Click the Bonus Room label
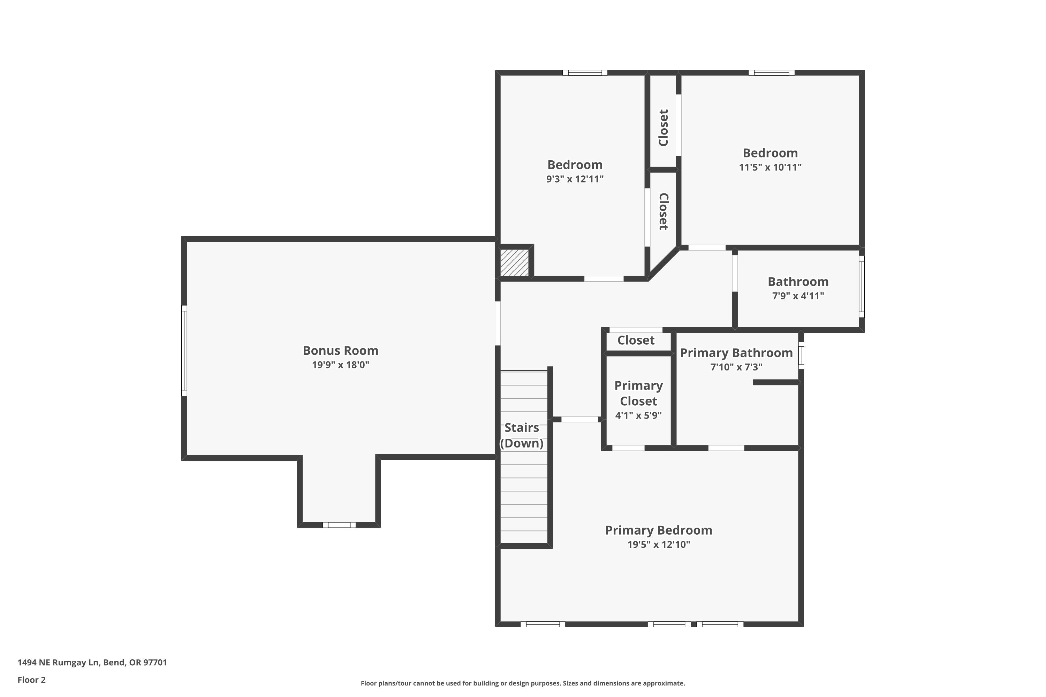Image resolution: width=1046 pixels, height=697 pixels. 341,351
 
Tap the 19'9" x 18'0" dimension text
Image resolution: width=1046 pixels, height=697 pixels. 341,365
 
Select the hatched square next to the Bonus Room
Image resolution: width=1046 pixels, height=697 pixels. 515,263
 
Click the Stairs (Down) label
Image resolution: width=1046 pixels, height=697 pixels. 522,436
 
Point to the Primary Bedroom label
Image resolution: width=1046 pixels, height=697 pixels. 659,530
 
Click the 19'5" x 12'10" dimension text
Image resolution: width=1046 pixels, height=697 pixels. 659,544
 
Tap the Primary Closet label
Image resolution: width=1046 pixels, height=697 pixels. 639,393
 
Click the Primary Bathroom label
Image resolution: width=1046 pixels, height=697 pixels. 736,353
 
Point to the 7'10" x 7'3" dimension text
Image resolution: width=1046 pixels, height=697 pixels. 736,367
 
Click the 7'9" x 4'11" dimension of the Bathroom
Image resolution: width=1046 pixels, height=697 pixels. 798,296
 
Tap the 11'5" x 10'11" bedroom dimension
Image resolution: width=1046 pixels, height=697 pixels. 770,168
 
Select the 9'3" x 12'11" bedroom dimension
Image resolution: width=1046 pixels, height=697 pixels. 575,179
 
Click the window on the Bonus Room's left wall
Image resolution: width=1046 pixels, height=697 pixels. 184,350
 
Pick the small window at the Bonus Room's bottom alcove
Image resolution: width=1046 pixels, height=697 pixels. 339,525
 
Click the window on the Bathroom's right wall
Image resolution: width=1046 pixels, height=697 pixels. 862,287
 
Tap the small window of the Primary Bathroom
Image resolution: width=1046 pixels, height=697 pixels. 801,355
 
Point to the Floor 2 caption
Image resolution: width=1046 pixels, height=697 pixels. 32,680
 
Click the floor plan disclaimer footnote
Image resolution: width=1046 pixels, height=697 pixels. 523,683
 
